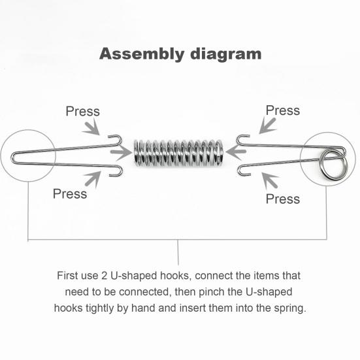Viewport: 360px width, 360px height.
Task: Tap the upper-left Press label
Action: tap(82, 111)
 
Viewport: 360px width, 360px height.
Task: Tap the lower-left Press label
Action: tap(70, 193)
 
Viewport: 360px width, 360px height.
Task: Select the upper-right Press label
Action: tap(282, 110)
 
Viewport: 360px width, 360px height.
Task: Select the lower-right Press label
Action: tap(282, 199)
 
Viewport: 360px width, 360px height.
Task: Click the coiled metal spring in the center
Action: tap(178, 152)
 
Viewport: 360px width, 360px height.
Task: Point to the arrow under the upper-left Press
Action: tap(94, 129)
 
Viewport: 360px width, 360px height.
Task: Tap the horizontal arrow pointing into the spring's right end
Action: tap(236, 153)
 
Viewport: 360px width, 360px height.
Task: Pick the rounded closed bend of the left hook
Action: tap(16, 156)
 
